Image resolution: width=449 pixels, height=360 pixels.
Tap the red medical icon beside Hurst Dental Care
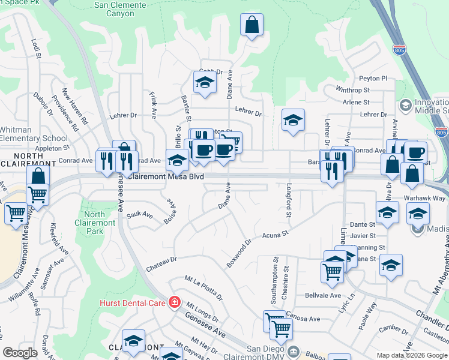[174, 302]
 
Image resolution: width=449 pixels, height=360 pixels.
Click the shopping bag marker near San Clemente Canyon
[252, 25]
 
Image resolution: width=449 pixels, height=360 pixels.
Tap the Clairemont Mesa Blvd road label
[166, 177]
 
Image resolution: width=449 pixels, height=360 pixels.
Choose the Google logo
[20, 353]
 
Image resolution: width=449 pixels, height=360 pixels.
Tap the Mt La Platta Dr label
[204, 288]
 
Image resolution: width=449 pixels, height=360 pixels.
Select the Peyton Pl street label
[373, 79]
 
